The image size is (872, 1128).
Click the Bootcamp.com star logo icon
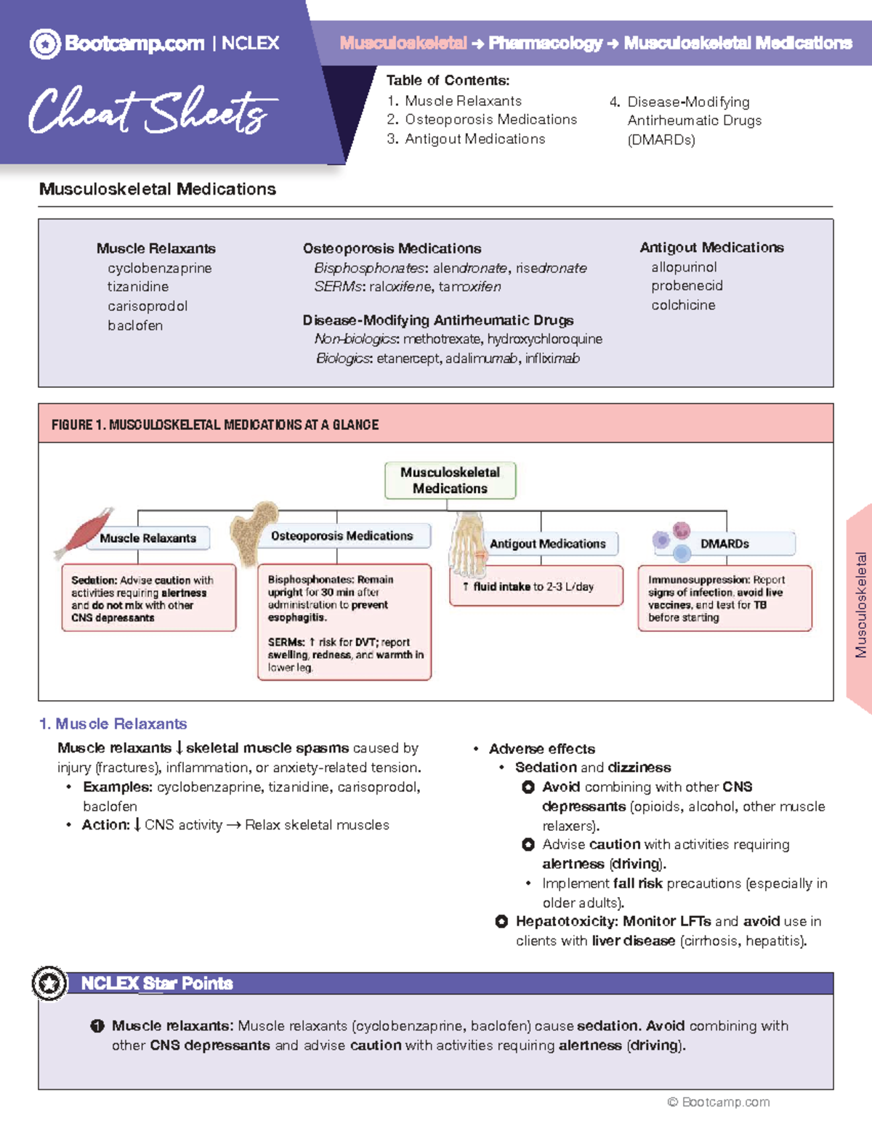click(45, 44)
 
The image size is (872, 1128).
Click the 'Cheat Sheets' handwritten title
click(153, 111)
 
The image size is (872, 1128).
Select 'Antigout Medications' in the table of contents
click(475, 139)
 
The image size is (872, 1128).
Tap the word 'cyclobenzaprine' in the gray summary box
click(160, 268)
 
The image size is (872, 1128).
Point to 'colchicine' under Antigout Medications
click(683, 305)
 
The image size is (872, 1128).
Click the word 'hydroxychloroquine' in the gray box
click(544, 339)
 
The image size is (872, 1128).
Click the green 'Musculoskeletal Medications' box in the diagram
click(450, 480)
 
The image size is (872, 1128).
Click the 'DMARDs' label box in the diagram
click(724, 543)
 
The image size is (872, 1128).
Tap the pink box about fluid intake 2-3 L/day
click(536, 586)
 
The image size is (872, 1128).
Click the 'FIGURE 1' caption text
click(215, 425)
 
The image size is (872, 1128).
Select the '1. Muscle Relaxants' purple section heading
click(113, 723)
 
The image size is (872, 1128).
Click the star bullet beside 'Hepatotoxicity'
click(501, 922)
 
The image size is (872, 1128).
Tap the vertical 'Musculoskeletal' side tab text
click(861, 605)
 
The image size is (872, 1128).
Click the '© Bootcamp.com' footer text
click(719, 1102)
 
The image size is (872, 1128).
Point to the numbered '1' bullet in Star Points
click(97, 1026)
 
